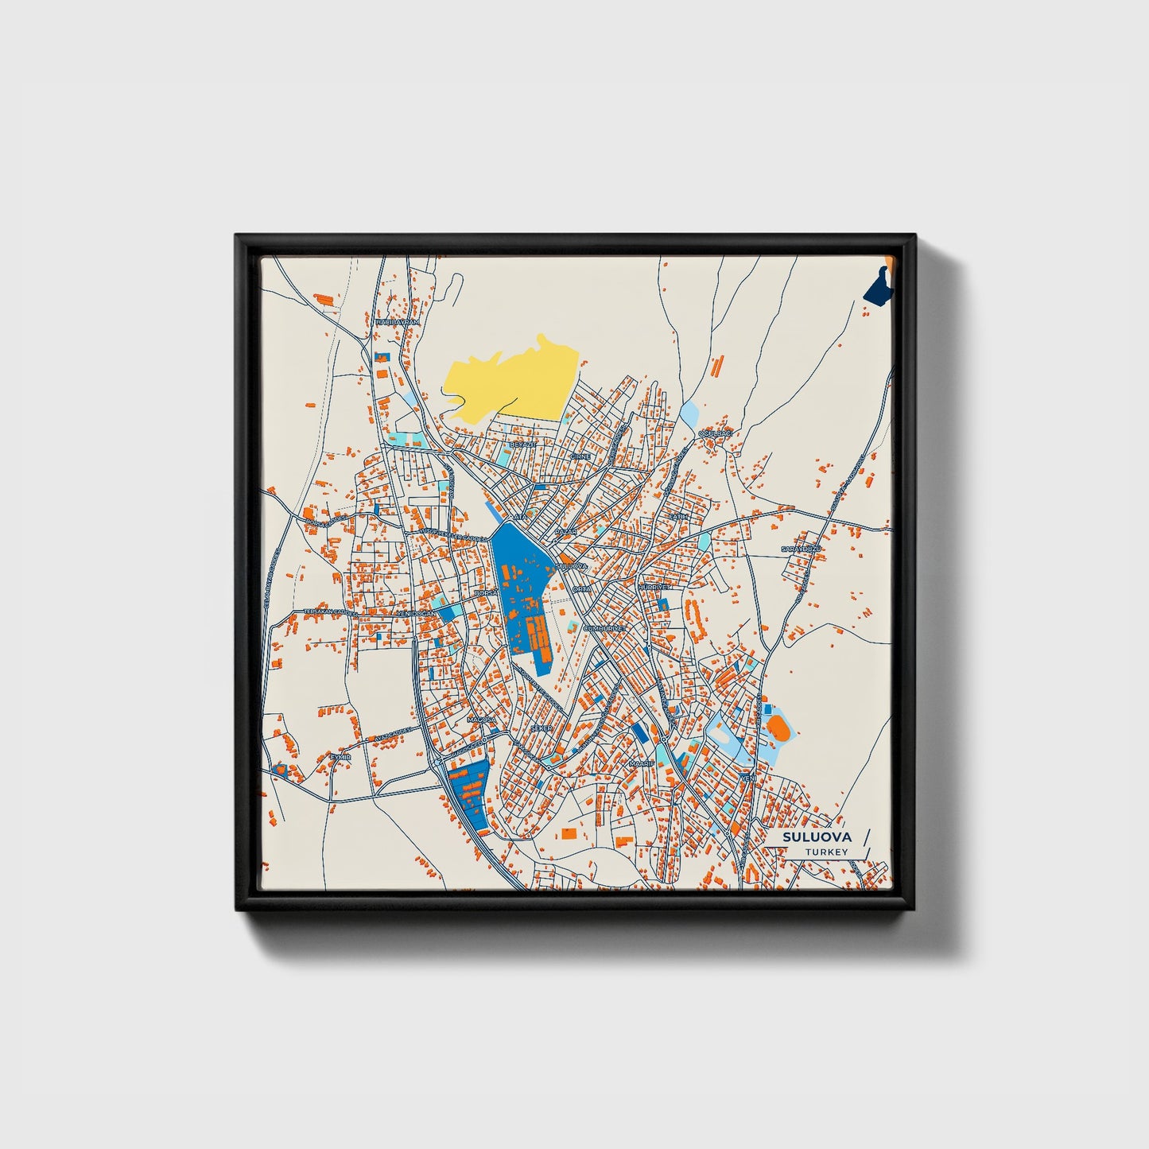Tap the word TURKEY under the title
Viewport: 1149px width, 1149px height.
point(826,852)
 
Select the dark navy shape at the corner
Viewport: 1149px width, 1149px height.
point(877,287)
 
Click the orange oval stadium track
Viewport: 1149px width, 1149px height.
point(778,727)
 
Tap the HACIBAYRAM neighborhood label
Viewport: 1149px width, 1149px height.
point(397,322)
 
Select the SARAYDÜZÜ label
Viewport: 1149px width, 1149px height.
point(800,549)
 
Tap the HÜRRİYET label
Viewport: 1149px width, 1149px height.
point(654,587)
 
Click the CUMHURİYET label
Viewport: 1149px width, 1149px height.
point(605,627)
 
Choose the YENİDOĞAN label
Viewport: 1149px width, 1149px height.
point(416,614)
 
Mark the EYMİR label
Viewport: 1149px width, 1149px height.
point(340,758)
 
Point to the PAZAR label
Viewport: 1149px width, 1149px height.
point(565,530)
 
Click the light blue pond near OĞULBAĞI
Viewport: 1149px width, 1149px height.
point(688,413)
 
